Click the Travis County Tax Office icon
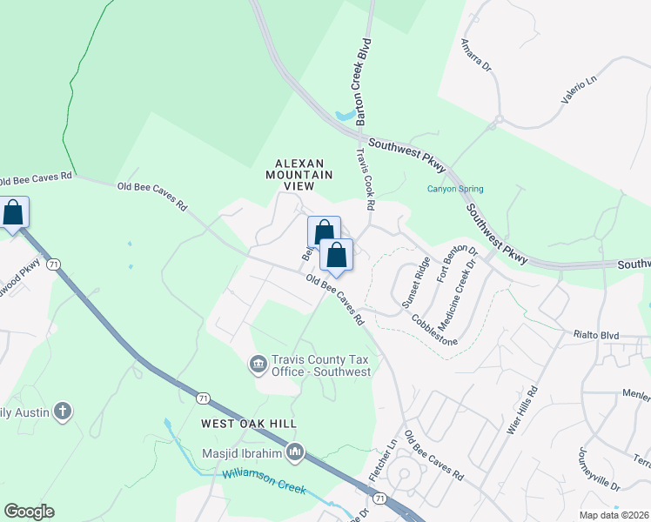(258, 364)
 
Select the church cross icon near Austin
(62, 411)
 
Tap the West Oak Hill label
(249, 424)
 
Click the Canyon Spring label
(454, 189)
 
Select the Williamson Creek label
(265, 480)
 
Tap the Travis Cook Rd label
(364, 179)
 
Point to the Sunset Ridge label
(416, 284)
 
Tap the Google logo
(29, 512)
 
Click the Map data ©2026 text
(614, 515)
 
